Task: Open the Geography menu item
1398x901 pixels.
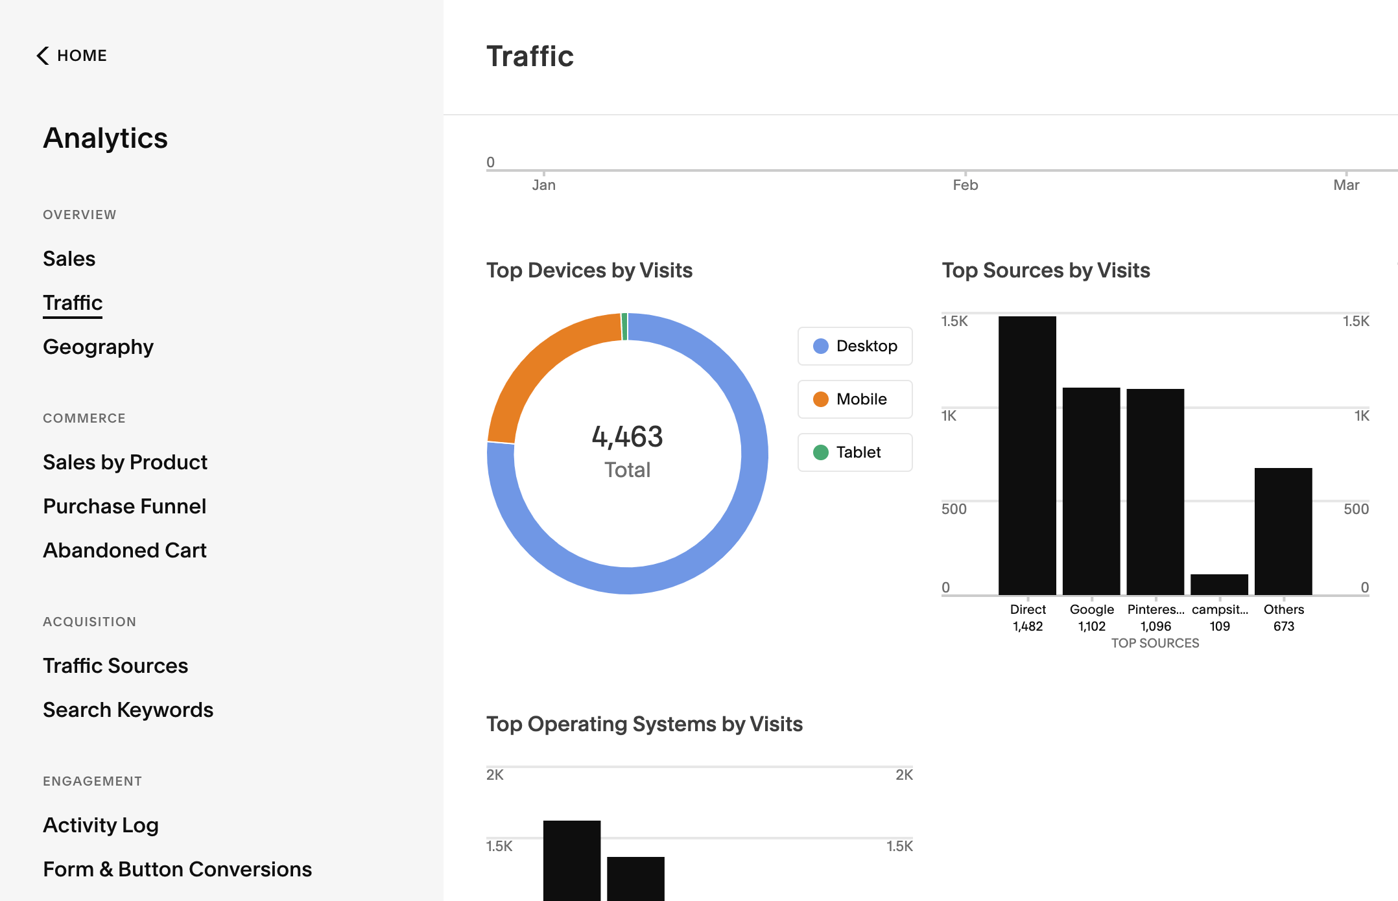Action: click(x=98, y=347)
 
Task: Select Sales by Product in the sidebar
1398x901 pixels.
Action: click(x=124, y=462)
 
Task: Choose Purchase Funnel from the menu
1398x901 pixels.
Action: click(x=124, y=506)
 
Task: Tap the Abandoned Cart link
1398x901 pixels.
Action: click(x=124, y=550)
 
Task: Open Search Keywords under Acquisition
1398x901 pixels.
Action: click(x=128, y=710)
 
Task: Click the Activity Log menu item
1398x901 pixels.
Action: click(x=101, y=825)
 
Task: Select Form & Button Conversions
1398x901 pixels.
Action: click(x=177, y=869)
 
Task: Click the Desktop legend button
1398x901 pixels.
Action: click(x=855, y=346)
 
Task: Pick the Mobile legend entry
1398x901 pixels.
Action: click(x=855, y=399)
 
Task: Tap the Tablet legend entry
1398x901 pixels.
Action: click(x=855, y=452)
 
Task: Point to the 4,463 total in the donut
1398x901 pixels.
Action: click(x=627, y=437)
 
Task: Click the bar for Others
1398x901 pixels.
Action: click(x=1283, y=531)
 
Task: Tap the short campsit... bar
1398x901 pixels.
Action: click(x=1219, y=584)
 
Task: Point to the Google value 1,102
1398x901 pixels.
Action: click(x=1092, y=626)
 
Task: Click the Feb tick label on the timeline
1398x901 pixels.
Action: click(x=965, y=185)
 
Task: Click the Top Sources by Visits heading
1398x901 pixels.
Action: click(x=1046, y=270)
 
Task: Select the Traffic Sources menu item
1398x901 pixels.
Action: click(x=115, y=666)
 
